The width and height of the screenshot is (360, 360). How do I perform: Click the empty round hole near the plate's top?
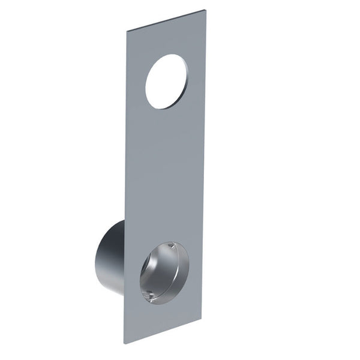[x=166, y=82]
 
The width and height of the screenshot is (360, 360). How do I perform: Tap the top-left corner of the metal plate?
[x=126, y=29]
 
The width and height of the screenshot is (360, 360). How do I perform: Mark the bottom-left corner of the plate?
[x=125, y=343]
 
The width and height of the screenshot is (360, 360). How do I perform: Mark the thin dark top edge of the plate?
[x=165, y=20]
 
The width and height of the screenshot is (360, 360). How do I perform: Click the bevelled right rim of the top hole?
[x=186, y=78]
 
